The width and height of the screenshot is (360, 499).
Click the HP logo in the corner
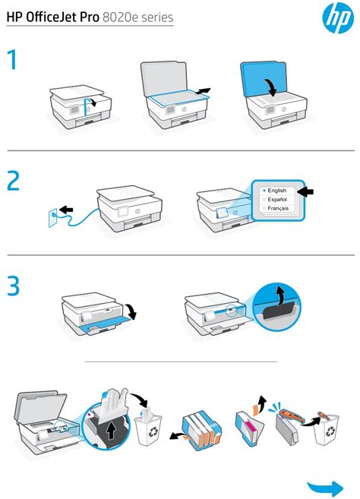[338, 17]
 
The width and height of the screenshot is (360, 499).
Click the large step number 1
[13, 60]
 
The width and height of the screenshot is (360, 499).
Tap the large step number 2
[14, 181]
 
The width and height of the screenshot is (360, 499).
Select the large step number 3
[14, 286]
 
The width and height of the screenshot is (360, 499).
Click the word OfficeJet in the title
[62, 17]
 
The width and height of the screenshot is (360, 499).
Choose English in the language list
[276, 191]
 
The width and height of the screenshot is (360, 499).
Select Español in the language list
[277, 199]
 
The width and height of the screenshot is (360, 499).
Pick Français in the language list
[278, 208]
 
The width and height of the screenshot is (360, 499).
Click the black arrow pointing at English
[305, 191]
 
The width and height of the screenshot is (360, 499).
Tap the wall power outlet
[53, 218]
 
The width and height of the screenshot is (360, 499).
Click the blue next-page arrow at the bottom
[325, 488]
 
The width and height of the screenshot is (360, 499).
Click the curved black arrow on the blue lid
[271, 86]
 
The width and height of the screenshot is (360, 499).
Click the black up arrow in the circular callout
[111, 431]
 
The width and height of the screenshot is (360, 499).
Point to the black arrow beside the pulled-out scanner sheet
[203, 91]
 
